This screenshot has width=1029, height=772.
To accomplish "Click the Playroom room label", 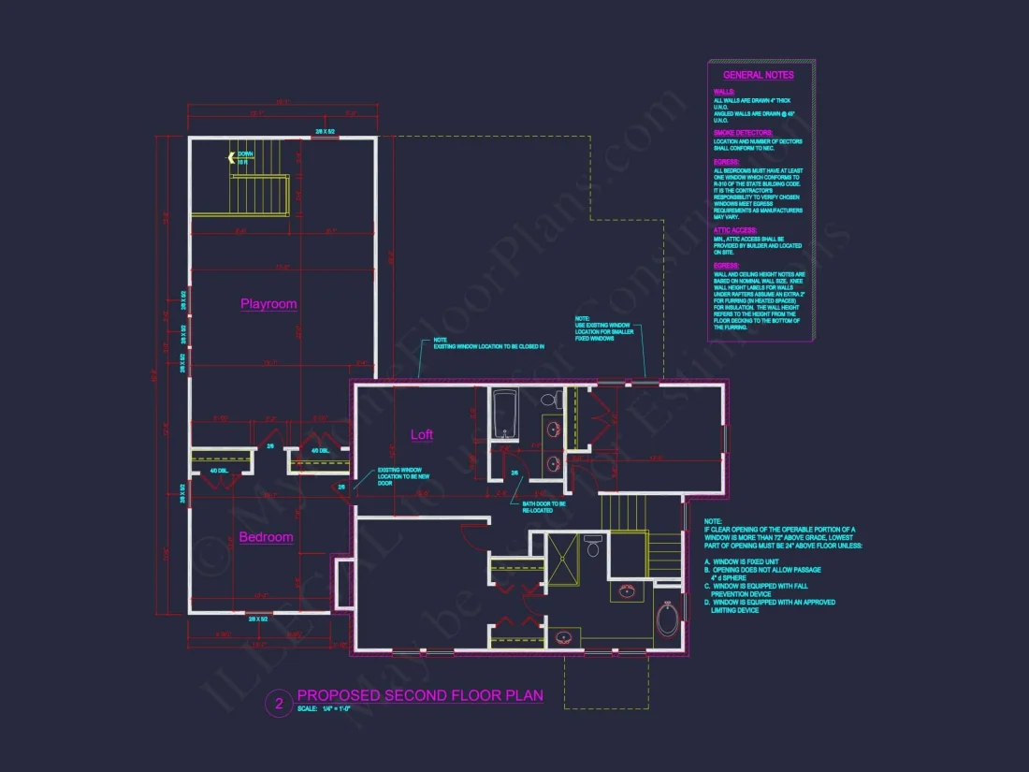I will pyautogui.click(x=268, y=304).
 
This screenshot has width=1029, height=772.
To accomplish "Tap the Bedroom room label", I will pyautogui.click(x=266, y=537).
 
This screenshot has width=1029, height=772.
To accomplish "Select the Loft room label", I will pyautogui.click(x=422, y=434).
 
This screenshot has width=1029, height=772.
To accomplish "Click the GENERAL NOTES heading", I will pyautogui.click(x=758, y=75).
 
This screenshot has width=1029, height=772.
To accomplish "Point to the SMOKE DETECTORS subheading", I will pyautogui.click(x=737, y=133).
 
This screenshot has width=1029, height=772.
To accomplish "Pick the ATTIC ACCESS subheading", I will pyautogui.click(x=734, y=229).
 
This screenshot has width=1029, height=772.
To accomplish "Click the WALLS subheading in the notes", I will pyautogui.click(x=724, y=92).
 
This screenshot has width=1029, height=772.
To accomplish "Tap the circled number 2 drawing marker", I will pyautogui.click(x=278, y=703).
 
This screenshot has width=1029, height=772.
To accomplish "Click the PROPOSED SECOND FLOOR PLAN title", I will pyautogui.click(x=419, y=696).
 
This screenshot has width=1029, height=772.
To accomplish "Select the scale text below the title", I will pyautogui.click(x=324, y=709).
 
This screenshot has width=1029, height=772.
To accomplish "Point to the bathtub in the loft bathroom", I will pyautogui.click(x=505, y=414).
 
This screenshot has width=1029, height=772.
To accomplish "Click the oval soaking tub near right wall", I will pyautogui.click(x=667, y=619).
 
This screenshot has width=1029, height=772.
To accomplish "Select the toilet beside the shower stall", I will pyautogui.click(x=593, y=545).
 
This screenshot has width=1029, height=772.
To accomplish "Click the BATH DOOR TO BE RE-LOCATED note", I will pyautogui.click(x=543, y=506).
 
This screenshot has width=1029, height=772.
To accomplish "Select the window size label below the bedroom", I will pyautogui.click(x=258, y=619).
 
